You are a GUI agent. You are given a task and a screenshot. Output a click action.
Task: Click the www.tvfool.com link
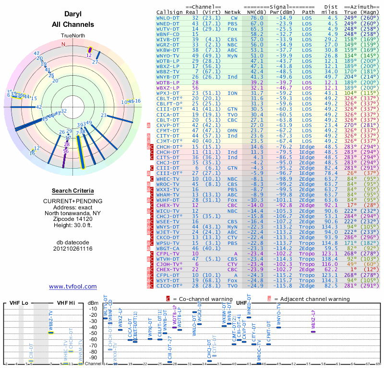tap(72, 287)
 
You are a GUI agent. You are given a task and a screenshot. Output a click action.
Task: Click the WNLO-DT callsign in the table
tap(168, 17)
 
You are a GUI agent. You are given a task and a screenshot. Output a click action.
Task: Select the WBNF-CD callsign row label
tap(168, 34)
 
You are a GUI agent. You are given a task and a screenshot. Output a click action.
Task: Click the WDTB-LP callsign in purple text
tap(168, 83)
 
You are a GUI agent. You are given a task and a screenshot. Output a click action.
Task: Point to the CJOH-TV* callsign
tap(169, 264)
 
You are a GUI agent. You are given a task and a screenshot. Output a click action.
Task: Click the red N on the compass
tap(63, 44)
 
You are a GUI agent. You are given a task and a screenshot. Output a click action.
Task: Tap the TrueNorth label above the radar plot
tap(72, 36)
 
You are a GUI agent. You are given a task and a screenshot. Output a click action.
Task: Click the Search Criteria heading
tap(72, 191)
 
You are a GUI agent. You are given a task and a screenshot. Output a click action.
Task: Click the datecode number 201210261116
tap(72, 248)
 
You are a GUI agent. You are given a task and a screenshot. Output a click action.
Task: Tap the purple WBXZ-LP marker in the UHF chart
tap(313, 331)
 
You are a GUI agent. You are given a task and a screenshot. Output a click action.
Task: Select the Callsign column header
tap(170, 11)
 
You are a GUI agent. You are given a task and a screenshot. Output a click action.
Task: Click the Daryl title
tap(72, 14)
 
